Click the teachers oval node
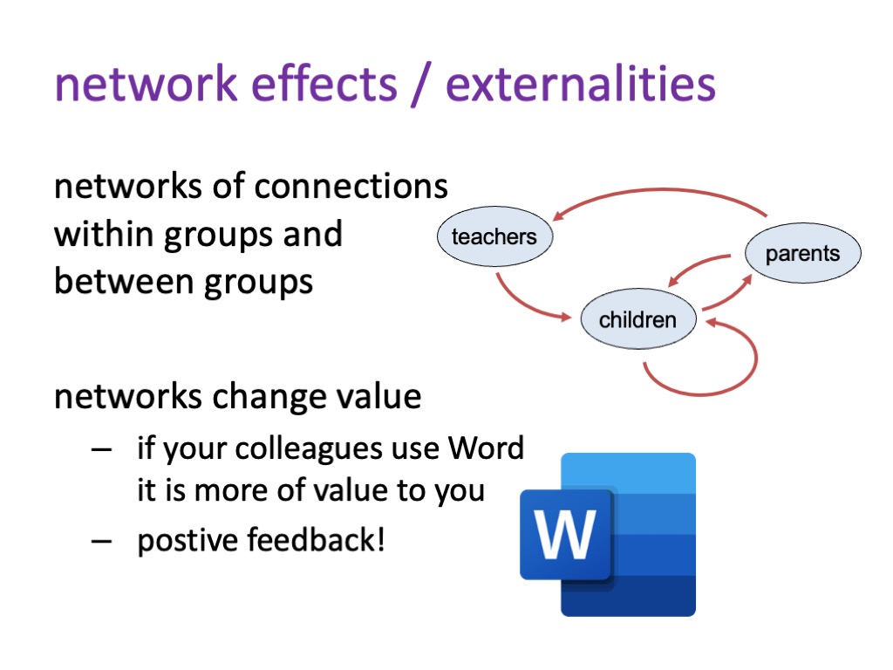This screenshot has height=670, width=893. [494, 236]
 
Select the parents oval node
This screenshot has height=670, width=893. [802, 253]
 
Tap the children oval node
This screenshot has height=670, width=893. [637, 319]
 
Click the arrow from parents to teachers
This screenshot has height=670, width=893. [661, 189]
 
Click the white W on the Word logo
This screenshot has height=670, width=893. [565, 534]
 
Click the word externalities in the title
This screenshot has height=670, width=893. [580, 85]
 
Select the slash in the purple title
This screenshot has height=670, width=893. [421, 85]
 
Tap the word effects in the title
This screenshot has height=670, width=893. [324, 85]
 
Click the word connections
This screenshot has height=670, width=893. [351, 187]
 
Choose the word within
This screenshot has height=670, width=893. [104, 234]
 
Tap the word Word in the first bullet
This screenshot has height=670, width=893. [486, 448]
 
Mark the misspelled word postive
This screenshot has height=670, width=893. [187, 541]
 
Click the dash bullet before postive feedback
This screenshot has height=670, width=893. [101, 540]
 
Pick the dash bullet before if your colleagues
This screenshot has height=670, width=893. [101, 449]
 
